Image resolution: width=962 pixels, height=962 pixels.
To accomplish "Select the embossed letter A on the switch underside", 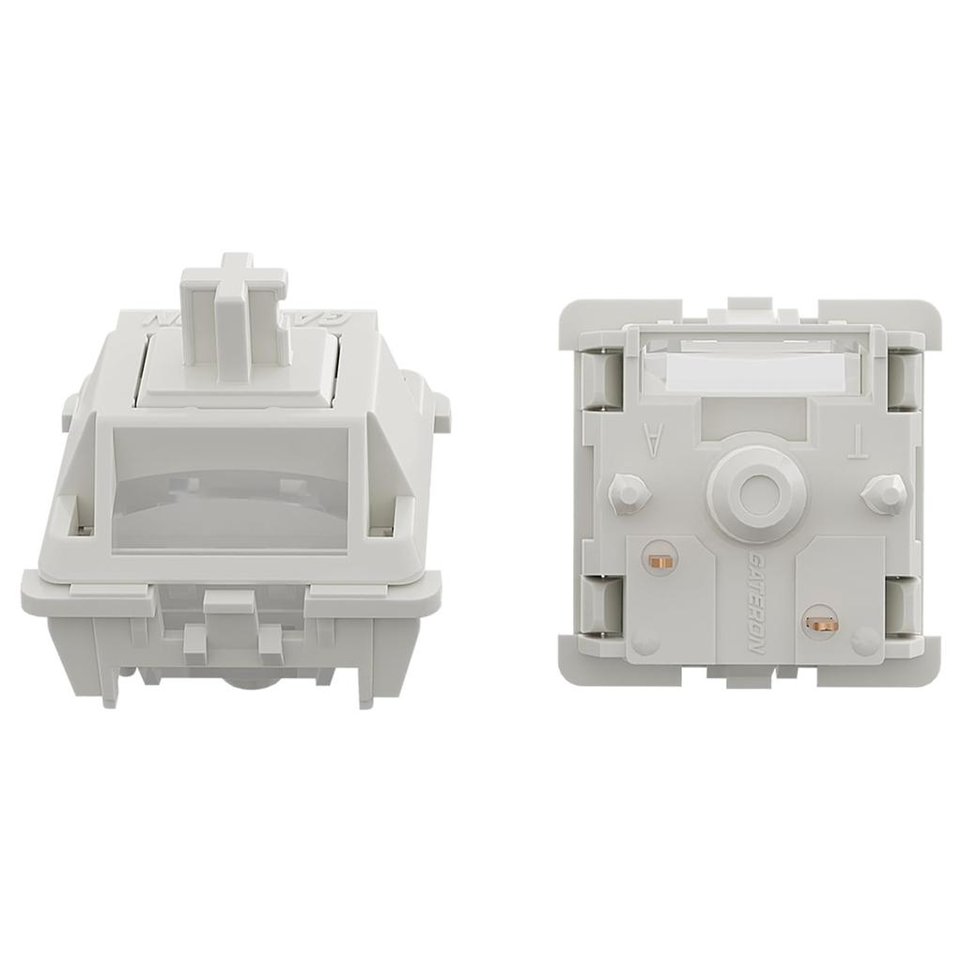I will (651, 439).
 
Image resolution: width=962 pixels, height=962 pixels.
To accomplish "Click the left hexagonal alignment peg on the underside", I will (628, 492).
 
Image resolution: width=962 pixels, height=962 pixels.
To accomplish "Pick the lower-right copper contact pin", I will (820, 621).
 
